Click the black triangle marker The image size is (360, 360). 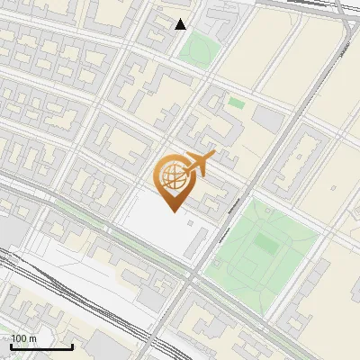[x=181, y=24]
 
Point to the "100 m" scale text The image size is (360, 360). [x=23, y=338]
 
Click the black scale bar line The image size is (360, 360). [x=41, y=346]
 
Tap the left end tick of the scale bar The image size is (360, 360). [x=11, y=346]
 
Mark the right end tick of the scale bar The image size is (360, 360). [x=72, y=346]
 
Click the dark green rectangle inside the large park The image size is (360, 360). [x=264, y=242]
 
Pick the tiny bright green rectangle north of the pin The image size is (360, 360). [x=236, y=103]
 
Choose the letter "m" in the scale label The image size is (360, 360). [x=32, y=338]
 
